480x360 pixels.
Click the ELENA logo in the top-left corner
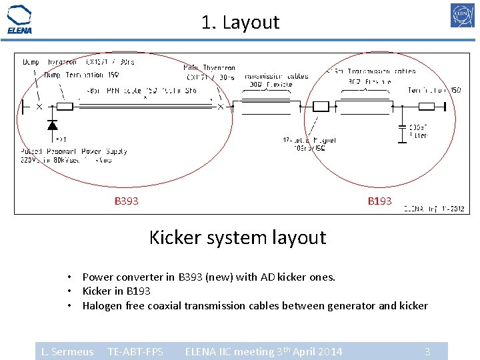[19, 19]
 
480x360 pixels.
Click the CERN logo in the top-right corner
[462, 15]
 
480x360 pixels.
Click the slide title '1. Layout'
[240, 23]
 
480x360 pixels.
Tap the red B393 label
[127, 201]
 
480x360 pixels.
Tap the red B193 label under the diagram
[380, 201]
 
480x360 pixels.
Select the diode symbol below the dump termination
[52, 125]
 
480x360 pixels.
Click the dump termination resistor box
[65, 106]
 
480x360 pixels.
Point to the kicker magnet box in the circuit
[321, 106]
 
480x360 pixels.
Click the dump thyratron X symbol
[39, 106]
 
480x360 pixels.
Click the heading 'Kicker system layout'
[237, 237]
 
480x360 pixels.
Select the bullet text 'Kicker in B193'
[116, 291]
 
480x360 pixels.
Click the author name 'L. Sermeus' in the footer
[67, 351]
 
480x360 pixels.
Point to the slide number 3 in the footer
[427, 351]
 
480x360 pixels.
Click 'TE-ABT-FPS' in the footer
[135, 351]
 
